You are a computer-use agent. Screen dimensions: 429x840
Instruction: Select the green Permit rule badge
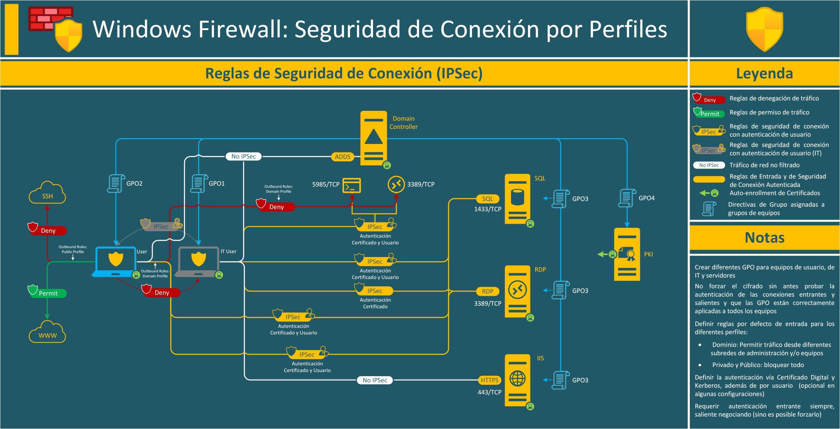click(x=48, y=293)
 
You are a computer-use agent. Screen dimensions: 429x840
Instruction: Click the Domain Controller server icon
click(x=373, y=138)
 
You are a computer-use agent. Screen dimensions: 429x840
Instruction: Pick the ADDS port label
click(x=343, y=157)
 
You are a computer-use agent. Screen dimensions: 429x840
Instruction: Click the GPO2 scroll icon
click(x=116, y=183)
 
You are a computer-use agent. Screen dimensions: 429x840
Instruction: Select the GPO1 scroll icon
click(x=199, y=183)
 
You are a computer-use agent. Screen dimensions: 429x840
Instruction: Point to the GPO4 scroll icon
click(x=626, y=198)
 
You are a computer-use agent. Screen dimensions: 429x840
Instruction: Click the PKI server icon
click(x=627, y=255)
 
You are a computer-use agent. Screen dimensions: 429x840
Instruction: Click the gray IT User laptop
click(x=198, y=261)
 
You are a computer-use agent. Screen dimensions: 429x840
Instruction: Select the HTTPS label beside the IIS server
click(x=489, y=380)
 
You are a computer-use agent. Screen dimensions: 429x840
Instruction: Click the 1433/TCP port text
click(x=487, y=209)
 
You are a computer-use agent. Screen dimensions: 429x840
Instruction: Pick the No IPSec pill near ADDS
click(x=243, y=156)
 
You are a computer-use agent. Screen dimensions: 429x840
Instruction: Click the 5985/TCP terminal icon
click(x=351, y=185)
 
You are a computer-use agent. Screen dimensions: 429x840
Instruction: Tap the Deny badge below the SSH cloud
click(x=48, y=231)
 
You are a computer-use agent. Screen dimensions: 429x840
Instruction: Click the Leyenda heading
click(x=764, y=73)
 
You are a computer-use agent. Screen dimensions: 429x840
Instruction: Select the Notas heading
click(x=764, y=237)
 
